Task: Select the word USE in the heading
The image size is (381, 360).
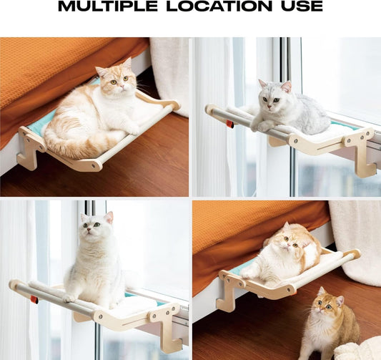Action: pyautogui.click(x=302, y=6)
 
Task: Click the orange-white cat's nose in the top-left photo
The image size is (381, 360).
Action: pyautogui.click(x=121, y=86)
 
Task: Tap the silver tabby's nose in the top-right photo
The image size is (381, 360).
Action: pyautogui.click(x=269, y=107)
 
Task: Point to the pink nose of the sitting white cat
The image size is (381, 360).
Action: pyautogui.click(x=89, y=230)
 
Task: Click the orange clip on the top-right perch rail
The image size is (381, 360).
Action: pyautogui.click(x=230, y=124)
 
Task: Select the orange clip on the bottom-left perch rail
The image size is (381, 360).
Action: pyautogui.click(x=34, y=300)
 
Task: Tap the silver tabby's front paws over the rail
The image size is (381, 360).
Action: pyautogui.click(x=261, y=124)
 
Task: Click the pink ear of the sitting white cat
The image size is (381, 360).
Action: pyautogui.click(x=109, y=217)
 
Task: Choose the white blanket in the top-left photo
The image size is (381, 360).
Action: pyautogui.click(x=169, y=73)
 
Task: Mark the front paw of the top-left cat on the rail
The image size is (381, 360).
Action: pyautogui.click(x=132, y=130)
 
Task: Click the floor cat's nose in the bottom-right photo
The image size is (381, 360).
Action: pyautogui.click(x=320, y=309)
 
